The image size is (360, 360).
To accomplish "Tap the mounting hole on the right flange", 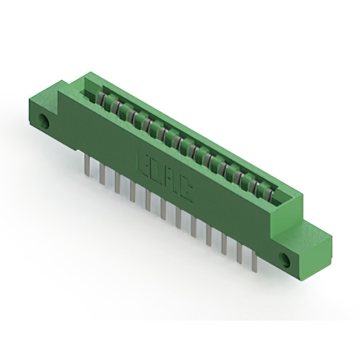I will click(x=286, y=259).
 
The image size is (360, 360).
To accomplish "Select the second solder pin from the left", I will click(x=102, y=175).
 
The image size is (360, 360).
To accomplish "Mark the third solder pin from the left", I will click(x=117, y=183).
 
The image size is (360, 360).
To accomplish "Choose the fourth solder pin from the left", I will click(x=132, y=192).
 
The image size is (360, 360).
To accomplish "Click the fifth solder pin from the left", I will click(x=147, y=201).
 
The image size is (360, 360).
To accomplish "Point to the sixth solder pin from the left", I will click(x=163, y=209).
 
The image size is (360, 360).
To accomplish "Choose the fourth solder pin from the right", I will click(x=209, y=236).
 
